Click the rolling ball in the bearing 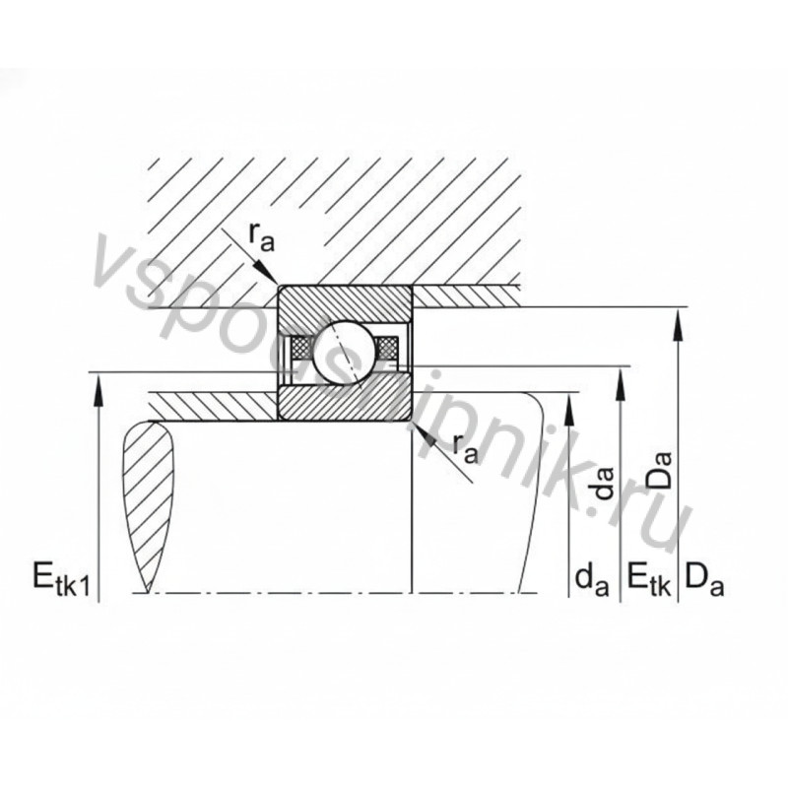(x=345, y=348)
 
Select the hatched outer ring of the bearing (x=345, y=301)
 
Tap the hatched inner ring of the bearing (x=345, y=402)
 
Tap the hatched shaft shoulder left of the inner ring (x=212, y=404)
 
